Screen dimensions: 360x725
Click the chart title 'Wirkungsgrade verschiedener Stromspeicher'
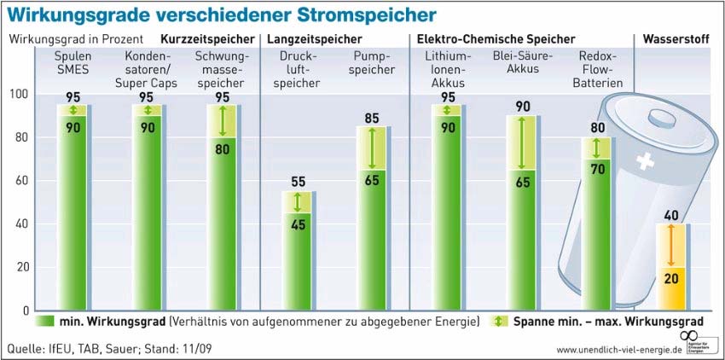[x=220, y=15]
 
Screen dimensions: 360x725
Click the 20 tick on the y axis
[x=21, y=267]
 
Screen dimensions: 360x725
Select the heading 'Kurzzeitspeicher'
[x=208, y=39]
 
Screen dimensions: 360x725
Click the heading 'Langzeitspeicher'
[x=314, y=39]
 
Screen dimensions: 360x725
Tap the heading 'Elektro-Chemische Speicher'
[x=496, y=39]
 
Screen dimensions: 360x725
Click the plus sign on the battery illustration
[x=644, y=161]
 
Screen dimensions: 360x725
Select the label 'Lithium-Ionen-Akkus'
[x=448, y=69]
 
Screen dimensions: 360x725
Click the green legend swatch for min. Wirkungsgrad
[x=45, y=322]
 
